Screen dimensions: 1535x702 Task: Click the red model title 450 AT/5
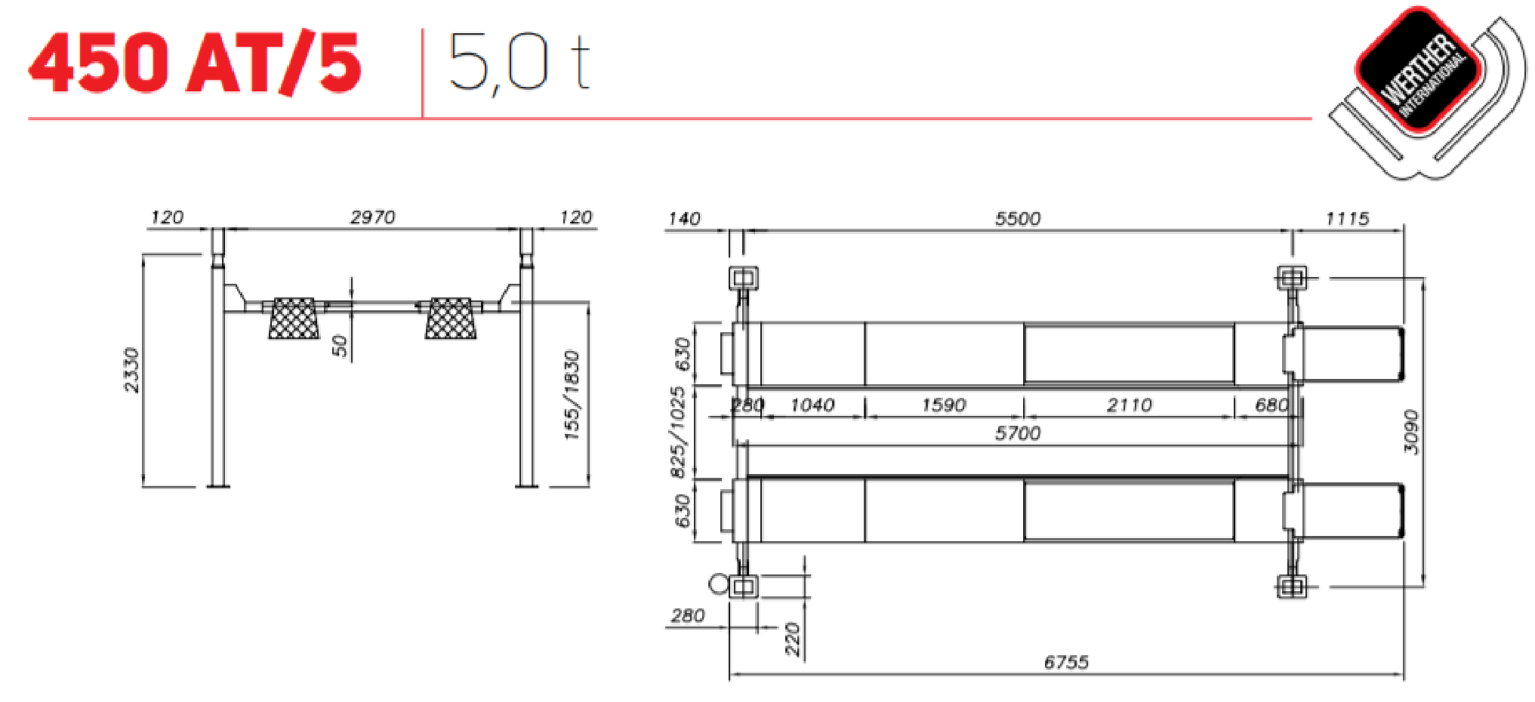point(195,63)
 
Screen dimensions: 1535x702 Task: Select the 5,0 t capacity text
point(519,63)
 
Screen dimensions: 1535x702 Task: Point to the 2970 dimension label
point(373,217)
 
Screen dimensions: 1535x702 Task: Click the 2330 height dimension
point(132,370)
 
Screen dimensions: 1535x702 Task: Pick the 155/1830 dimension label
point(572,395)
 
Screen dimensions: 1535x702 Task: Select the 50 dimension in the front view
point(341,346)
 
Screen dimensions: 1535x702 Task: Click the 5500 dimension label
point(1018,219)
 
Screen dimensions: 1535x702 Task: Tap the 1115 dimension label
point(1348,219)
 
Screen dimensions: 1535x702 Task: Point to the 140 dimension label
point(684,219)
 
